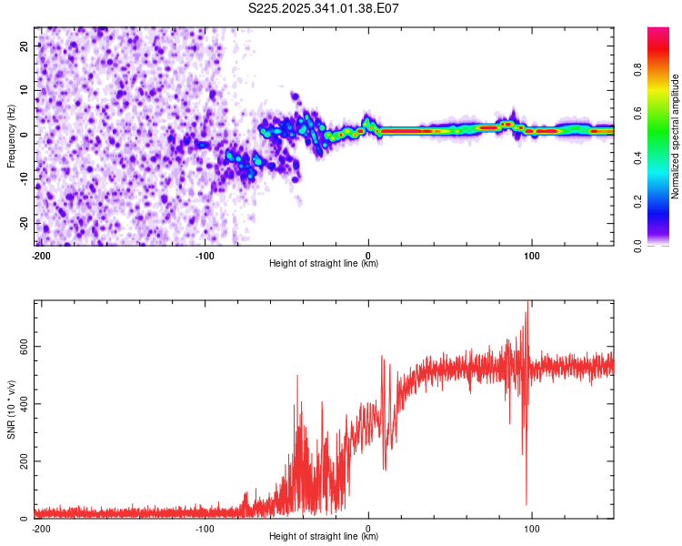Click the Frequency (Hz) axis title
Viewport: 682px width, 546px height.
[11, 136]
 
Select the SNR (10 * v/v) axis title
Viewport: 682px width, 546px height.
[11, 409]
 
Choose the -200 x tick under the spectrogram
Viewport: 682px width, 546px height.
[41, 255]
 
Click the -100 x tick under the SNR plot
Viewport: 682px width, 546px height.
[205, 528]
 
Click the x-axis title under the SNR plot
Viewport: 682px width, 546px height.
[325, 537]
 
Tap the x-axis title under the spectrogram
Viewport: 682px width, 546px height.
[325, 264]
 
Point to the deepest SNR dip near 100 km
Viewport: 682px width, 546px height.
[526, 504]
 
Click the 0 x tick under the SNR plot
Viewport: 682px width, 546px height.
[368, 528]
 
